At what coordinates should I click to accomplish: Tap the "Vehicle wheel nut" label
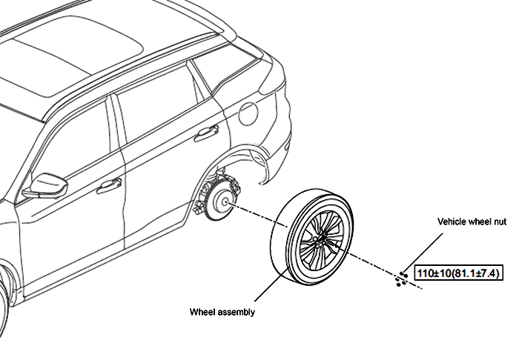point(472,221)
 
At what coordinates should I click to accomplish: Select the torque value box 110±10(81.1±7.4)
point(459,274)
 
